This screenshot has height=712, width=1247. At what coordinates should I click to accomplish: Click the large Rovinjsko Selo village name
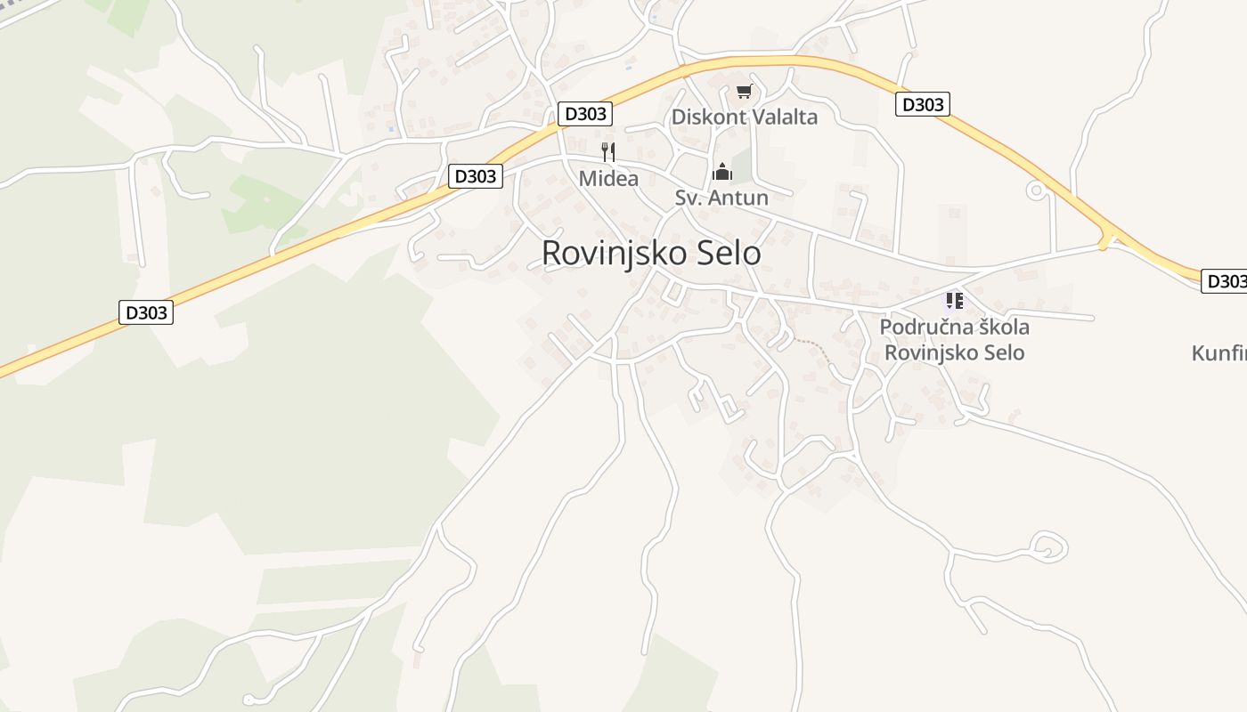point(651,254)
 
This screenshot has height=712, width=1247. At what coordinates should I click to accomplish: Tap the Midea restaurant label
point(608,179)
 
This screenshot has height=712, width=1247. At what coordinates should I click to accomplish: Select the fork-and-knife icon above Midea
point(608,151)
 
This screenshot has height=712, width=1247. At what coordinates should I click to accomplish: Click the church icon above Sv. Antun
point(721,171)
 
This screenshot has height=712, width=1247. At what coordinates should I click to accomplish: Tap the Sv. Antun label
point(721,198)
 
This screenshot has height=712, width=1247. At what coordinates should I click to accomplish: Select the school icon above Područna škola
point(955,301)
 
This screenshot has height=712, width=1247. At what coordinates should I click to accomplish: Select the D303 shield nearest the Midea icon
point(585,114)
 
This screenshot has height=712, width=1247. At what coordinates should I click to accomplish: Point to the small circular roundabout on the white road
point(1036,190)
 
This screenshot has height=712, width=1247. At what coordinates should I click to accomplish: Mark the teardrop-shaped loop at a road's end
point(1048,546)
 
